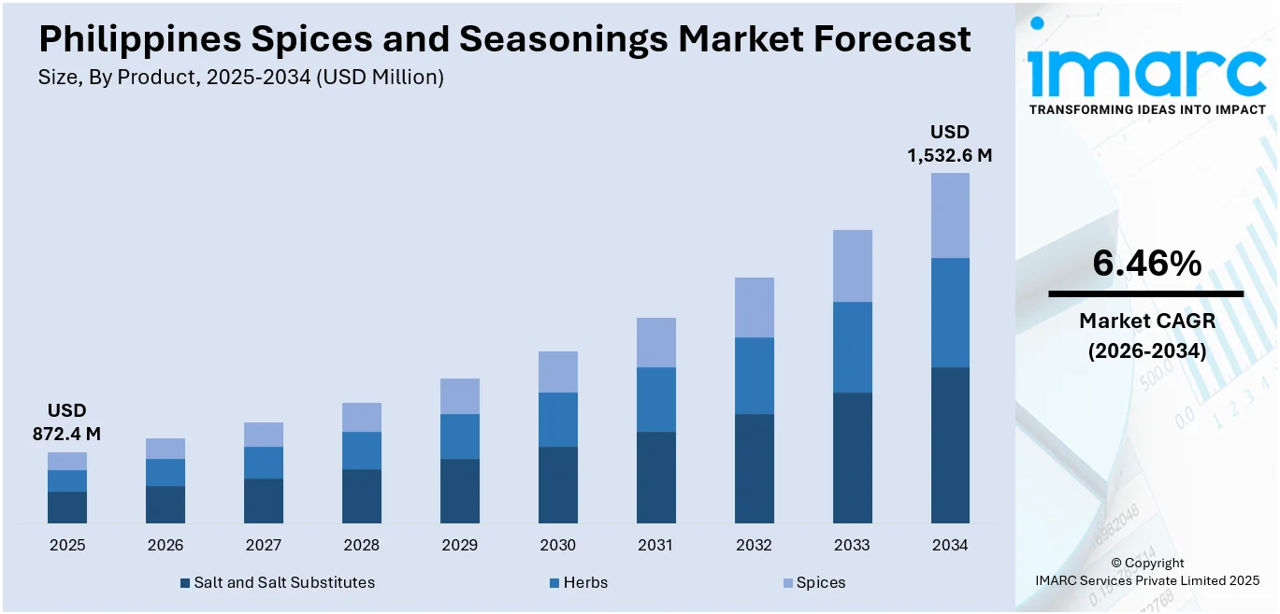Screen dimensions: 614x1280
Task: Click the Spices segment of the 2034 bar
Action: pos(950,215)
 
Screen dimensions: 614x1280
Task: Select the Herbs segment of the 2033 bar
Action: pos(852,347)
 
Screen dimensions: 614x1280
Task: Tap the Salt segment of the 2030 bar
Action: pos(557,484)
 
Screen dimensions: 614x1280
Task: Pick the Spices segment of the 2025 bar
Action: pos(67,461)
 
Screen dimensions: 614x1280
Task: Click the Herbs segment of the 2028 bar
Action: pos(362,450)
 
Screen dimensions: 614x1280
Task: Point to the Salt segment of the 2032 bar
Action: pos(754,468)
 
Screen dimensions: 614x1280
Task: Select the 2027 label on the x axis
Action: pos(264,545)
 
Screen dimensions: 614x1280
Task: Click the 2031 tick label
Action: pos(655,545)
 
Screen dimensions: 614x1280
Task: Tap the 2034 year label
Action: pos(950,545)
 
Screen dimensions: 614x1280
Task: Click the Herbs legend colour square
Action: pos(554,583)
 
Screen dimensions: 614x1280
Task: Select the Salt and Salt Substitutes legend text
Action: pos(284,582)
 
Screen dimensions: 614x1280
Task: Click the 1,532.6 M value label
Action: pos(950,155)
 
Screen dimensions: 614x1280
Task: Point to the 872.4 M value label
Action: pos(67,434)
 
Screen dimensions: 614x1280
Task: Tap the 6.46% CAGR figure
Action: pos(1146,264)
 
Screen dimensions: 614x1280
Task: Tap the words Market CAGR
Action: pos(1146,321)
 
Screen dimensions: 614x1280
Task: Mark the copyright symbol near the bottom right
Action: pos(1116,564)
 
